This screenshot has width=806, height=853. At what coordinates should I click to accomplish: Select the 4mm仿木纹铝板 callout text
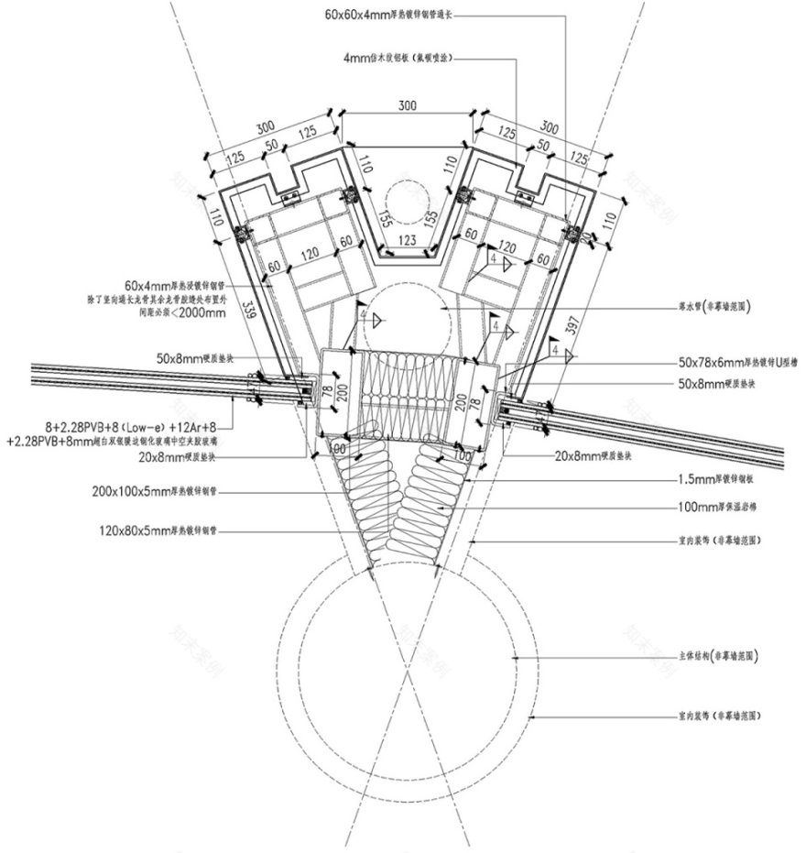click(397, 58)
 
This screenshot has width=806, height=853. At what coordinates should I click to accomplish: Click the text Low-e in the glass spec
click(138, 426)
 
